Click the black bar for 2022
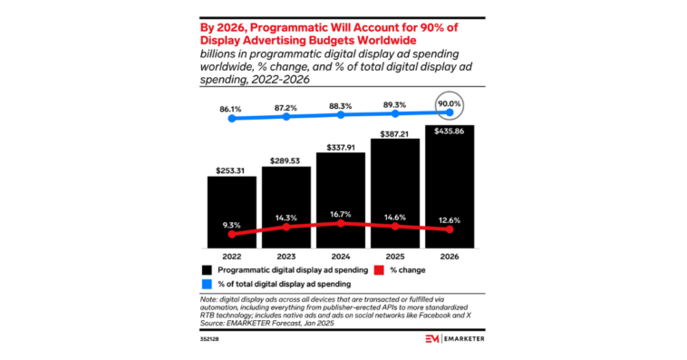click(x=232, y=209)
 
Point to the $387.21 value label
click(x=395, y=132)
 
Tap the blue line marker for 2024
click(x=341, y=115)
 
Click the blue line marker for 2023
click(x=286, y=116)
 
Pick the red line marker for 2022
click(x=232, y=234)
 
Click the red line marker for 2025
click(x=395, y=227)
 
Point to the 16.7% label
click(x=341, y=209)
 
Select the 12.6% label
click(x=450, y=216)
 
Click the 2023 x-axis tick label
click(x=286, y=255)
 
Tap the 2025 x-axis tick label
click(x=395, y=255)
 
